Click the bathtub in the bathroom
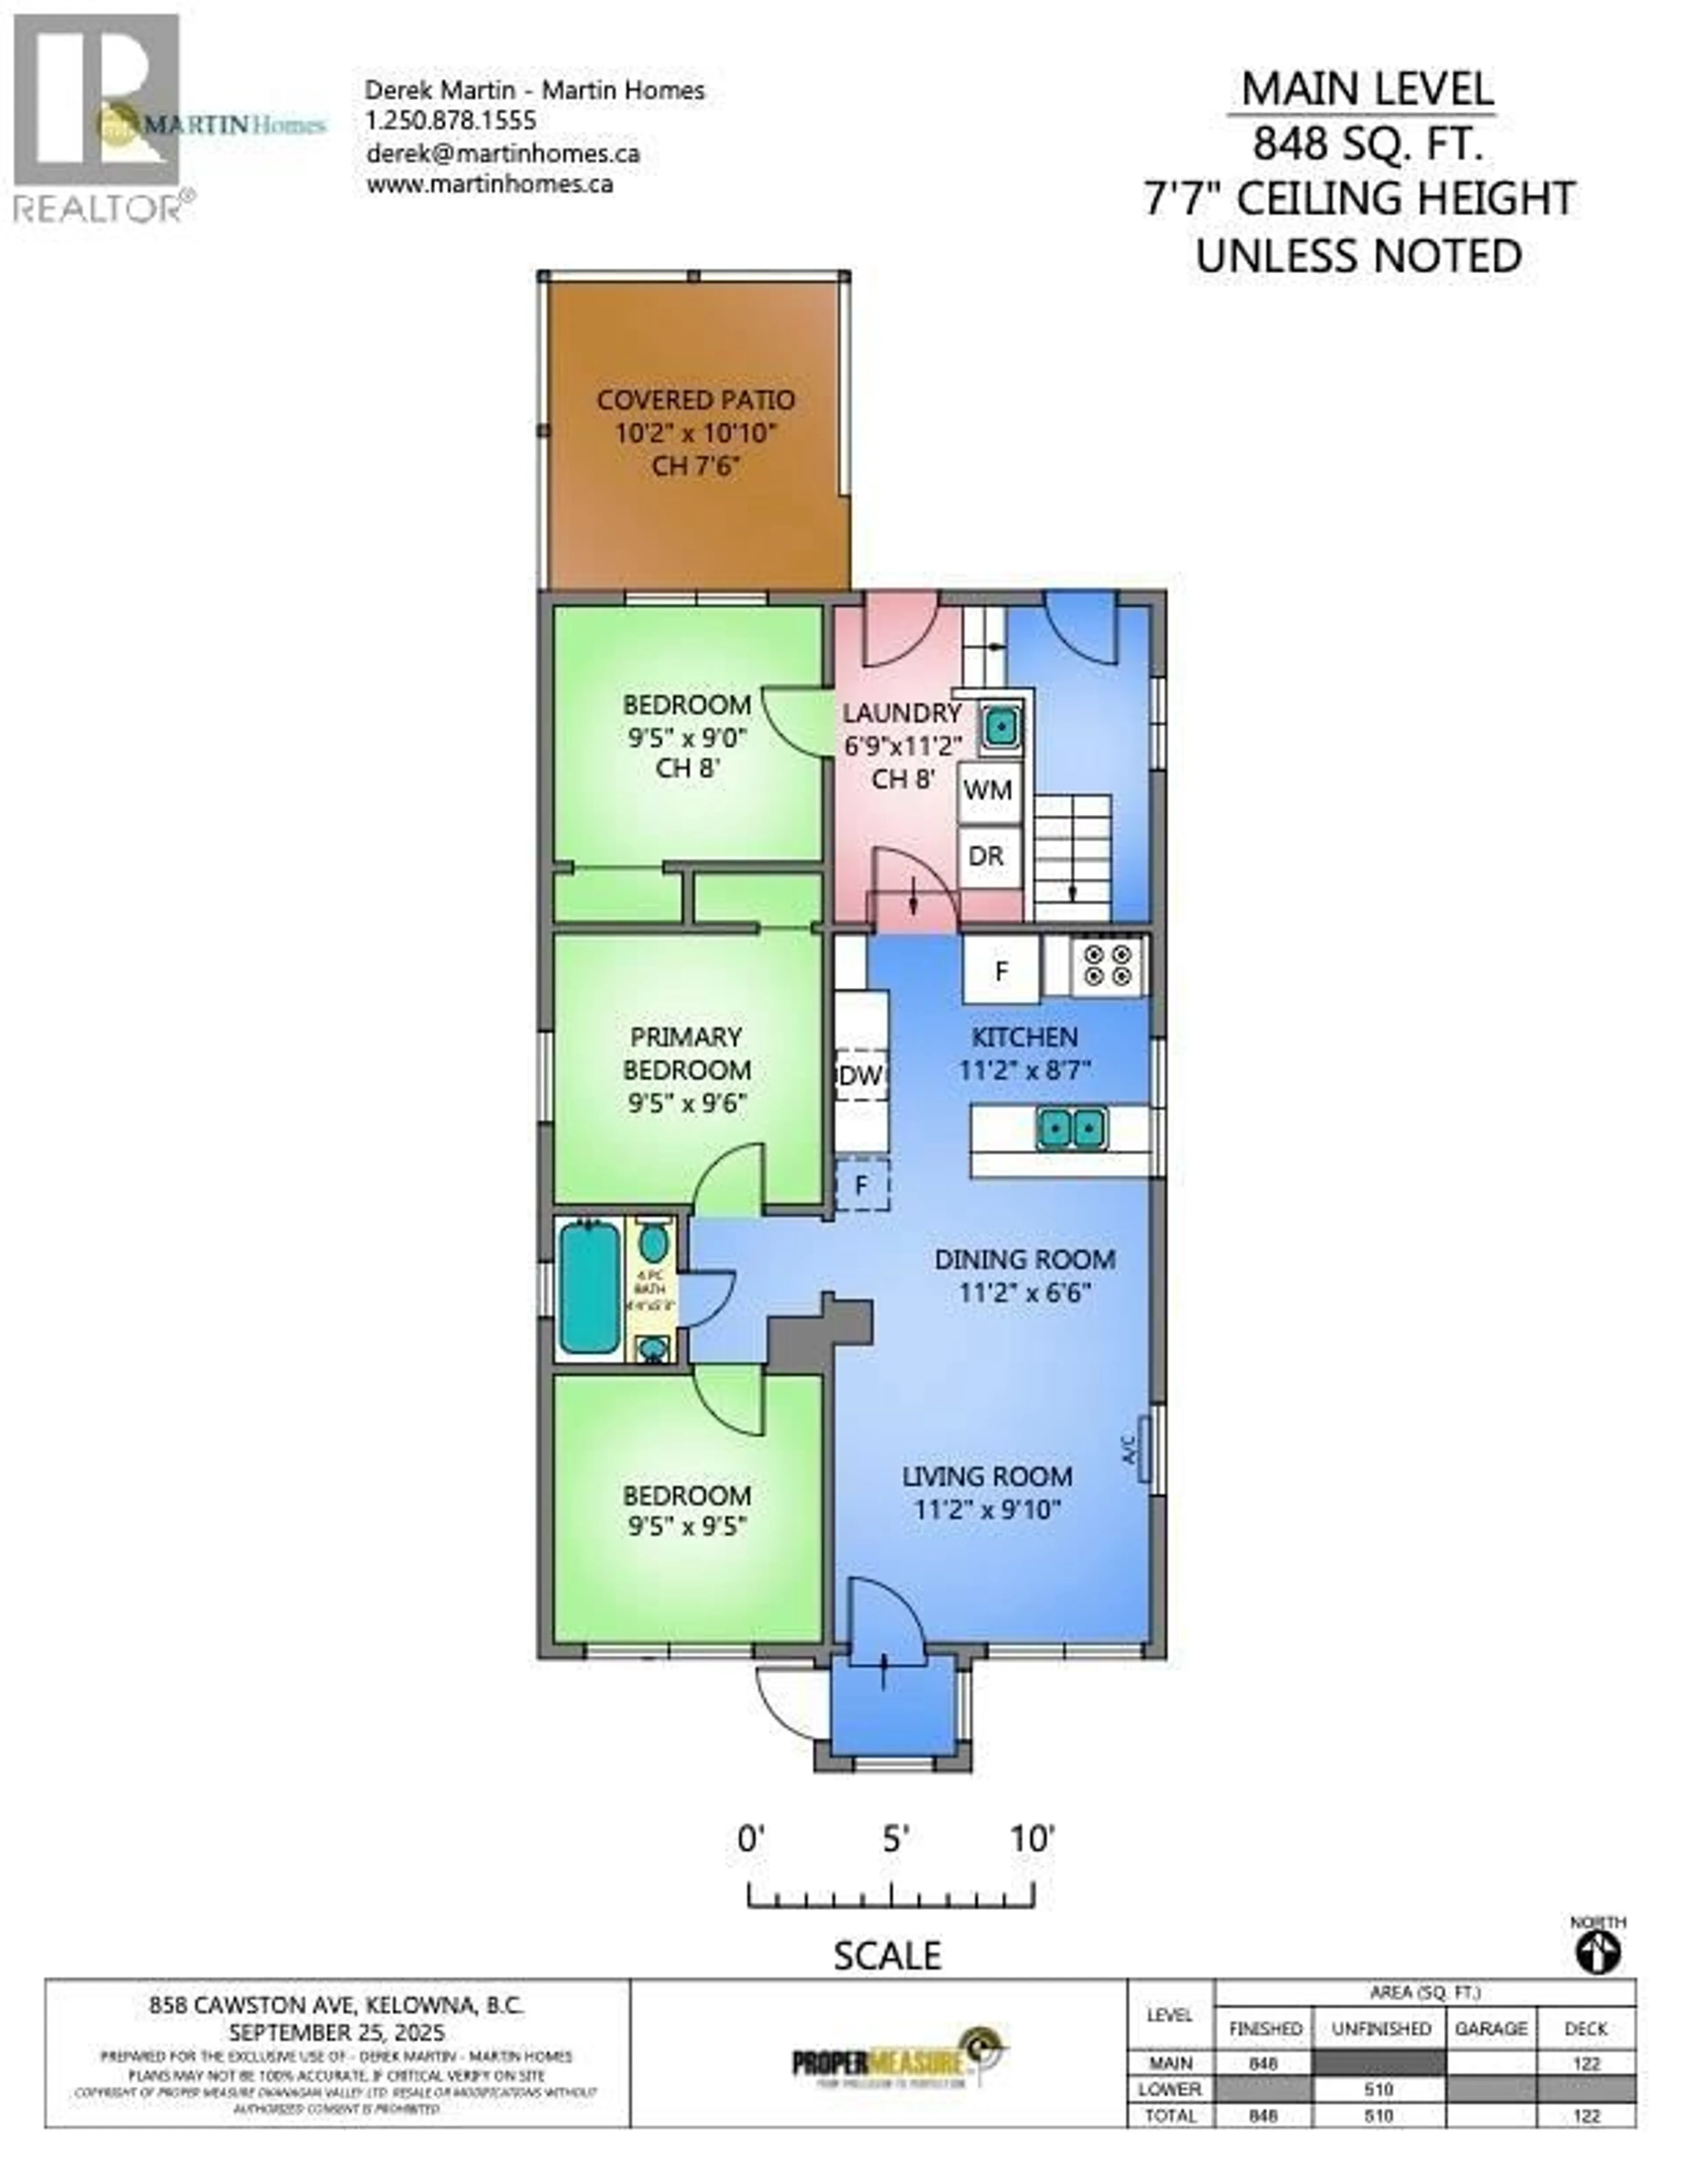[590, 1288]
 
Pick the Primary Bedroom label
[686, 1053]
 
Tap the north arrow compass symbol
[1597, 1952]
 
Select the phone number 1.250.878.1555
[451, 122]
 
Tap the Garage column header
[1491, 2029]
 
